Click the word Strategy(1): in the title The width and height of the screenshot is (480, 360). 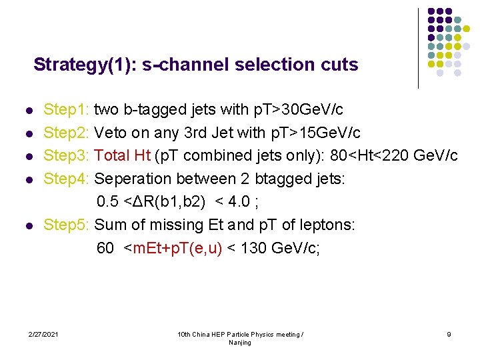79,65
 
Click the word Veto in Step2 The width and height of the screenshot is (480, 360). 111,133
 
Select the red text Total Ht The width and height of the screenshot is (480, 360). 123,156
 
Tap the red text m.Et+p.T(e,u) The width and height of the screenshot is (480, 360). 177,249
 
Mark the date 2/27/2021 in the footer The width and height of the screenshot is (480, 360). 43,333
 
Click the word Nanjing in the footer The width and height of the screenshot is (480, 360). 240,342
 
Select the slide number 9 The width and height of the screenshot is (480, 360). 449,333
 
